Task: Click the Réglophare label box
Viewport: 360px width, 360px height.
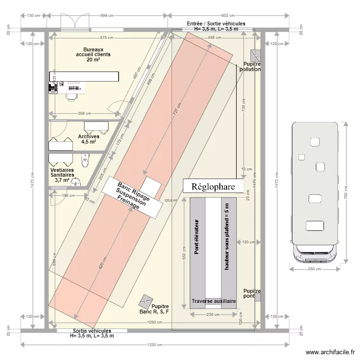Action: [x=213, y=187]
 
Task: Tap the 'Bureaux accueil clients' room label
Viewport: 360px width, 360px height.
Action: [x=93, y=55]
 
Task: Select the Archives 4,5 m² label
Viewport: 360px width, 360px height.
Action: [x=88, y=139]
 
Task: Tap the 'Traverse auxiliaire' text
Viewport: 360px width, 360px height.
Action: [x=214, y=301]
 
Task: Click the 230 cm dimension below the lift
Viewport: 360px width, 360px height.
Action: [x=214, y=315]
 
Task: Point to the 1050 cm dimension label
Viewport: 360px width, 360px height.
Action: [x=155, y=323]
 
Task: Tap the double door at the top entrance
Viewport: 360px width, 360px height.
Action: [x=75, y=22]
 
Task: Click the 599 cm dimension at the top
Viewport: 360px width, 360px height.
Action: [x=108, y=16]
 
